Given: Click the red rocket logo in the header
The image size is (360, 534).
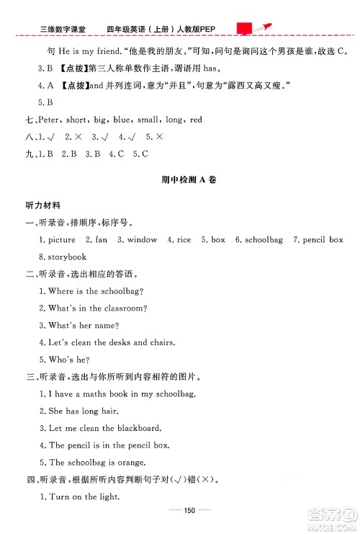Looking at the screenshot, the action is (256, 27).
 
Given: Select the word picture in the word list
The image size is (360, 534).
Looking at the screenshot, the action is (61, 239).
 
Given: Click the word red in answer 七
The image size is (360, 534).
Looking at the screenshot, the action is (196, 120).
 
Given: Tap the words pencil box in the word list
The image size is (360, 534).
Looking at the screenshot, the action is (323, 239).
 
